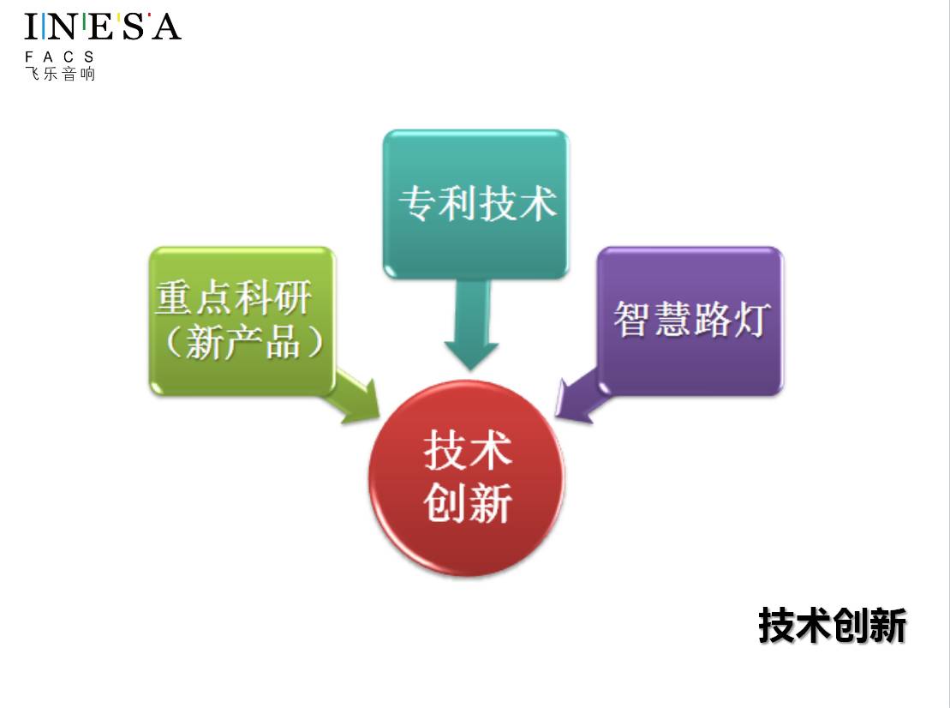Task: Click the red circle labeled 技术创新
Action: click(x=467, y=478)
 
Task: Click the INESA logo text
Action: click(x=103, y=27)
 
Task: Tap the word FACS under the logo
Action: click(x=60, y=57)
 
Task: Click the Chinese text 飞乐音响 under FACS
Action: click(x=60, y=74)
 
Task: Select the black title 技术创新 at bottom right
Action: click(x=832, y=626)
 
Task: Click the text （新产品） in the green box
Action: click(x=242, y=343)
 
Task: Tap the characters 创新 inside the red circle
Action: click(x=468, y=503)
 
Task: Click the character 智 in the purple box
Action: click(x=632, y=319)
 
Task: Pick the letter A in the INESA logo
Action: click(x=165, y=27)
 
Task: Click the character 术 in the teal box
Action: click(x=537, y=204)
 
